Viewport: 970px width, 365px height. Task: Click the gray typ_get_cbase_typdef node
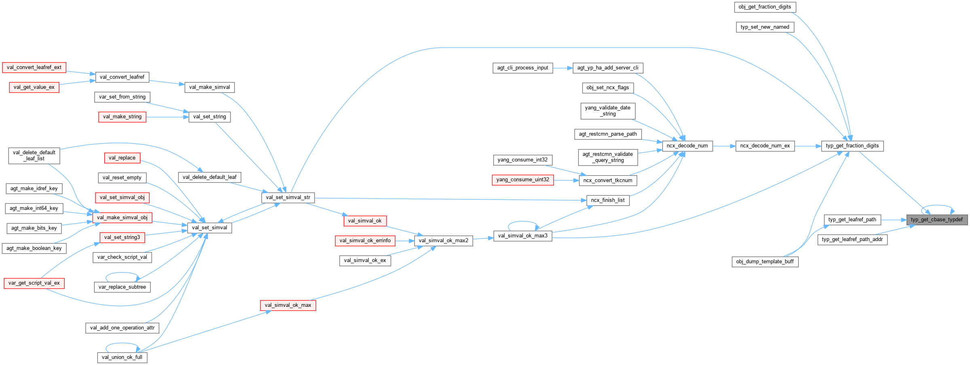936,220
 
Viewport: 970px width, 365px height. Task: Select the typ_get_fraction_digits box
852,146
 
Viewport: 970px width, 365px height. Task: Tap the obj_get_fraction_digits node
765,7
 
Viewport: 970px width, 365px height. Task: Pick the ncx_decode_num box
687,146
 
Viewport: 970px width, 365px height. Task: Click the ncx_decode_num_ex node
765,146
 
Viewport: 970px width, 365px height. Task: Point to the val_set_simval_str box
288,197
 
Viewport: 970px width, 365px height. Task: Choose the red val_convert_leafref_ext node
34,67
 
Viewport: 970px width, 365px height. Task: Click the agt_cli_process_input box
522,68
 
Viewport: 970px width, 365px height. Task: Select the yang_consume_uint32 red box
522,180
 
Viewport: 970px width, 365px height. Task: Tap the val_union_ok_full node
122,357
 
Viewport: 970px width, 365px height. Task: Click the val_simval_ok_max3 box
522,236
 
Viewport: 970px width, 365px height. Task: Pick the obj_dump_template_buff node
765,262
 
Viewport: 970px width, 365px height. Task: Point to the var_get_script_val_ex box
34,283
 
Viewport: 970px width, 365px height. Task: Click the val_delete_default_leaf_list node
34,155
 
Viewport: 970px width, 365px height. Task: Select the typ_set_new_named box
765,27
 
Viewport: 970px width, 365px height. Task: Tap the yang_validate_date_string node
607,111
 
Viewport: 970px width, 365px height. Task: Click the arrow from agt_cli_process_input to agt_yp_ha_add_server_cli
562,68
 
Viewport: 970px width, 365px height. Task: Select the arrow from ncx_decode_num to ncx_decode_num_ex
724,146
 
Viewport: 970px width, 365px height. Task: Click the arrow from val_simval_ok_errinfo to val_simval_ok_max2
405,241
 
